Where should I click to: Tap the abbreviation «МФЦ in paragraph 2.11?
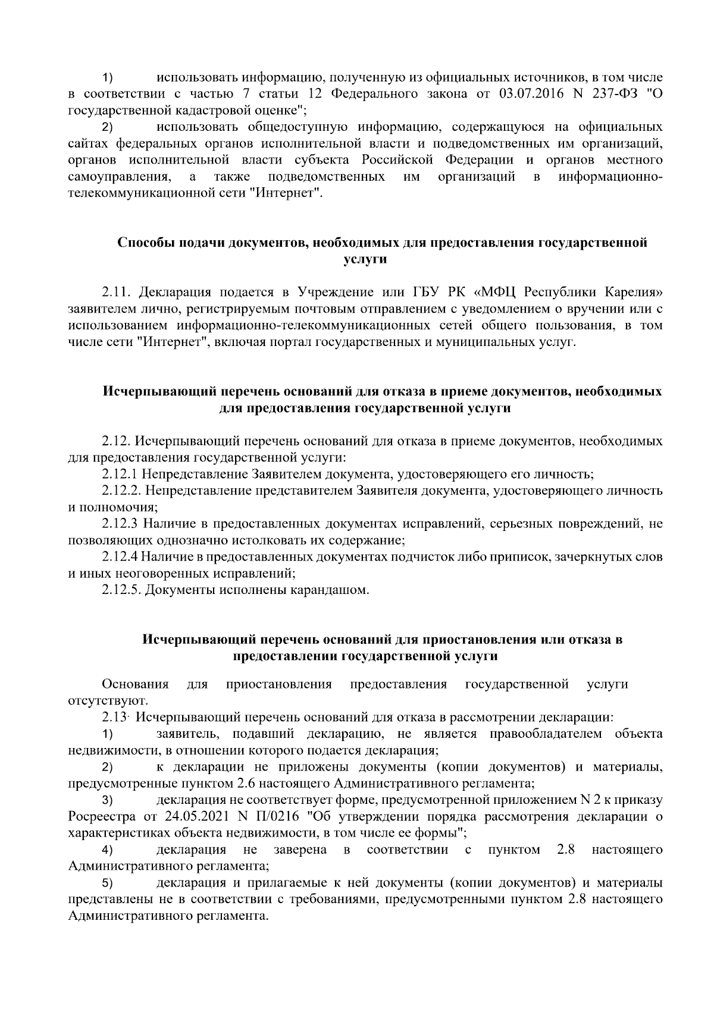coord(496,293)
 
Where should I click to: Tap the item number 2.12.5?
coord(121,590)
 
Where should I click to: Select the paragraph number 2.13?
coord(114,718)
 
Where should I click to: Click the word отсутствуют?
coord(100,700)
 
